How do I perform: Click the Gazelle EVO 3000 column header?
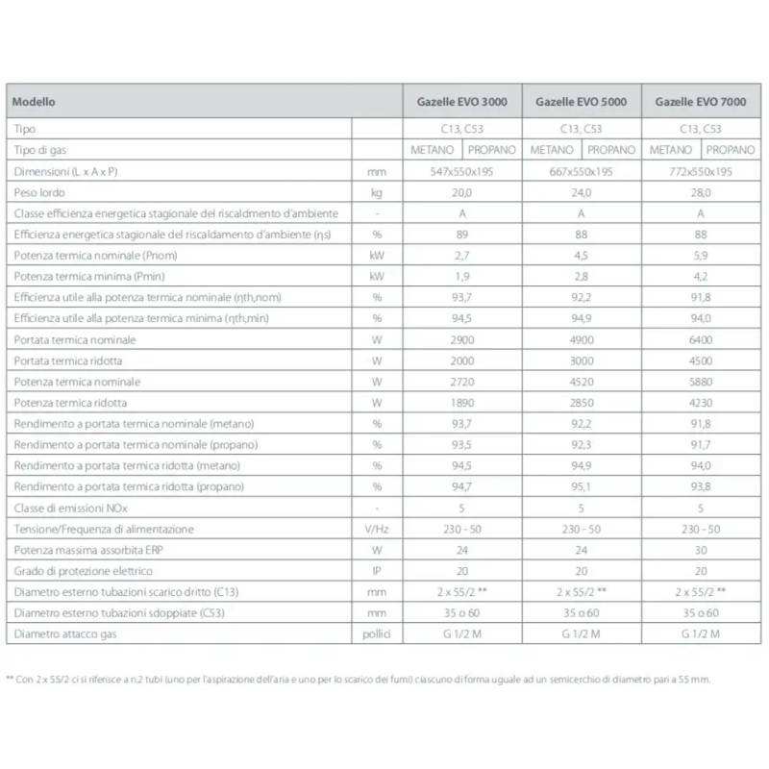(461, 101)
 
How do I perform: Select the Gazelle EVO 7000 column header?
(701, 101)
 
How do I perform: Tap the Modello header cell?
(35, 101)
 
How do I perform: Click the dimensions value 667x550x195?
(582, 171)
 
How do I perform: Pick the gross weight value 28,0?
(701, 192)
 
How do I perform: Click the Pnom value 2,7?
(461, 256)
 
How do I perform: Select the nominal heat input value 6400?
(701, 340)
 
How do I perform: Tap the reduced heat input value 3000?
(582, 361)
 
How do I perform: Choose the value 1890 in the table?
(461, 404)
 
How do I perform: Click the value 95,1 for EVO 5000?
(582, 487)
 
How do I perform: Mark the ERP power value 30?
(701, 551)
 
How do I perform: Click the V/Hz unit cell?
(377, 530)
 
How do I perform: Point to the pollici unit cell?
(377, 634)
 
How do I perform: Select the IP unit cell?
(377, 572)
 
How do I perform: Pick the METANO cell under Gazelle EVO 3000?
(432, 150)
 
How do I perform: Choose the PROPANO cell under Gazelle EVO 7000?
(731, 150)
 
